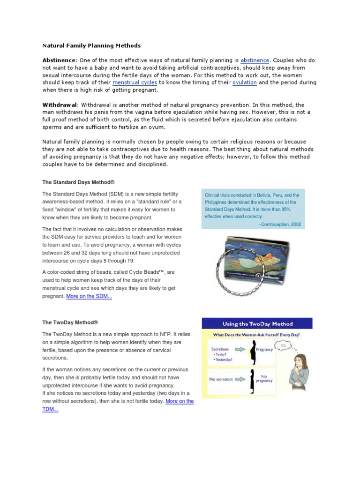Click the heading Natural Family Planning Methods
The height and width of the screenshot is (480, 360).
coord(91,46)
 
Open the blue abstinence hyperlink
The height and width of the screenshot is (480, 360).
coord(255,60)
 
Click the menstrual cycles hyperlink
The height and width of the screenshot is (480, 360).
coord(135,82)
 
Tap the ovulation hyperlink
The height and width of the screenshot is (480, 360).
coord(244,82)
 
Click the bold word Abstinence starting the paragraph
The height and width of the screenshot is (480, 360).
coord(59,60)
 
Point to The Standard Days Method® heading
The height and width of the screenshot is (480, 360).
coord(78,182)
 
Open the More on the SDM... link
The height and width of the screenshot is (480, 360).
coord(89,297)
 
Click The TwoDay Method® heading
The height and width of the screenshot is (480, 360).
coord(70,322)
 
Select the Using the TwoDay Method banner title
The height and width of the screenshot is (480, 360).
coord(257,324)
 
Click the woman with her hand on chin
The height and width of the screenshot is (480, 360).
coord(298,375)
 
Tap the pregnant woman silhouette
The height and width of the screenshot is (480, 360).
coord(253,354)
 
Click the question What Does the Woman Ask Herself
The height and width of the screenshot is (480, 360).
coord(257,335)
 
